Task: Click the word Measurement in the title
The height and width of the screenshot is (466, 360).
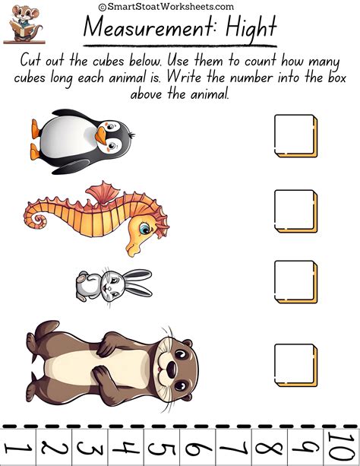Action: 144,29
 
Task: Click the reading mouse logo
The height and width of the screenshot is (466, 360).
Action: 22,22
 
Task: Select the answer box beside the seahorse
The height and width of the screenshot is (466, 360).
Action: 295,211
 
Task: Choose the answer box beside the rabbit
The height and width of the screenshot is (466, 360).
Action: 295,281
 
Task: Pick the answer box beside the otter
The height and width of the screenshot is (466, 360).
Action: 295,364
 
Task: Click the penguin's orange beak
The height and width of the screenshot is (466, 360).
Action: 103,135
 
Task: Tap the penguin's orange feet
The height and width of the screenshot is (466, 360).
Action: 35,131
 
